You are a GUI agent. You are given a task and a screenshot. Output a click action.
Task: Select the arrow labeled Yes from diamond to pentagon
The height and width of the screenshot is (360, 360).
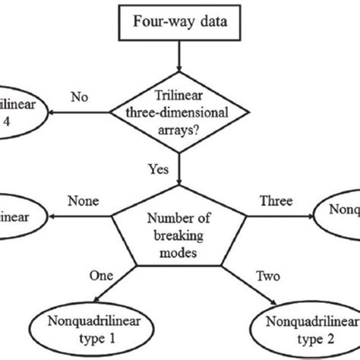click(178, 171)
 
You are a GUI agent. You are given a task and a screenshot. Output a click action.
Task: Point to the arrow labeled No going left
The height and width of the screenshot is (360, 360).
click(80, 113)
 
